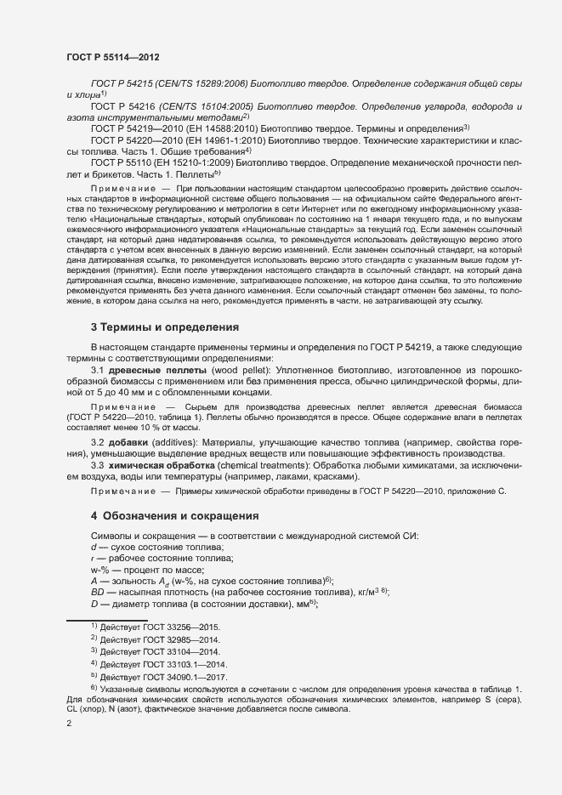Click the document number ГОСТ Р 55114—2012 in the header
coord(112,56)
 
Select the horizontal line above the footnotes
coord(107,619)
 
